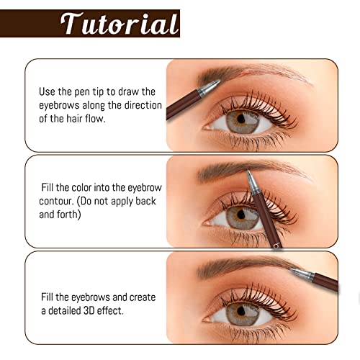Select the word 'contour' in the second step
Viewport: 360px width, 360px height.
click(61, 202)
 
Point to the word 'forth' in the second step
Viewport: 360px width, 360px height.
click(65, 215)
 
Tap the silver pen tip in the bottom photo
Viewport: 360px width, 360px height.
click(302, 274)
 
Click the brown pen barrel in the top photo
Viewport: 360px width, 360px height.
click(180, 107)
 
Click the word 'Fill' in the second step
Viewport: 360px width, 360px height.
click(50, 189)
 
